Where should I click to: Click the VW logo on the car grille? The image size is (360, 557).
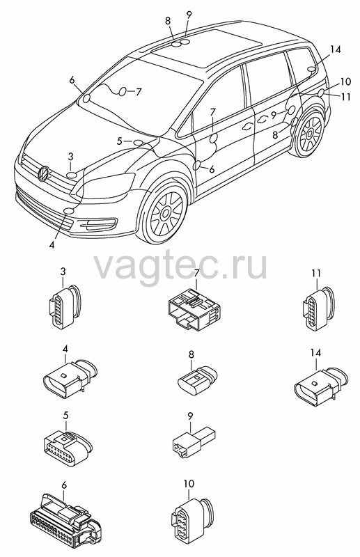point(44,173)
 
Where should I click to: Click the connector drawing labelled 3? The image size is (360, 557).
point(65,306)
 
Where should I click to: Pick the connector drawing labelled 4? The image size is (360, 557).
point(70,382)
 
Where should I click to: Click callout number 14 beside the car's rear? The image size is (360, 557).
point(335,49)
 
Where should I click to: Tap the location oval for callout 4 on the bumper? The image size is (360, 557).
point(69,212)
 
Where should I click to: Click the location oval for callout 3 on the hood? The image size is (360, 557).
point(72,175)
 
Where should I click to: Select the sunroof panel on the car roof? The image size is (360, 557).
point(207,42)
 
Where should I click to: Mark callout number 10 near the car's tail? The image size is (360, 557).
point(345,82)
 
